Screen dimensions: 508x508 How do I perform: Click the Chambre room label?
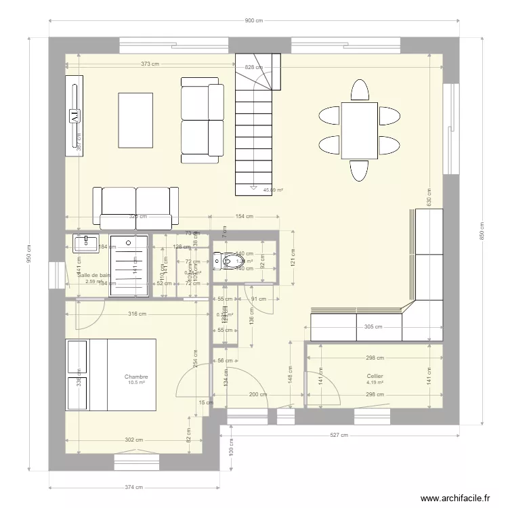point(136,377)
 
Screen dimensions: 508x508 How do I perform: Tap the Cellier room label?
point(375,376)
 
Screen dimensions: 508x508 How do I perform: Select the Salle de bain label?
point(93,275)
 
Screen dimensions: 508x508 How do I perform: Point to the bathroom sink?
point(86,243)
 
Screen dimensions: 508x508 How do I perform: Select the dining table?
point(359,130)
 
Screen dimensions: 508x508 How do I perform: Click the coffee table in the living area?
point(135,119)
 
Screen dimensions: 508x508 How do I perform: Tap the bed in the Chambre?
point(111,375)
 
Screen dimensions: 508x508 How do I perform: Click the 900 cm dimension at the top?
point(253,21)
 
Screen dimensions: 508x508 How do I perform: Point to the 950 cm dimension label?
point(30,255)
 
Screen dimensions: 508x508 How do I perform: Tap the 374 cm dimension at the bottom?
point(134,487)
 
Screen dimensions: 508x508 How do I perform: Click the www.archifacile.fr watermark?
point(455,498)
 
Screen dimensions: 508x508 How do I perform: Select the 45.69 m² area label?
point(272,190)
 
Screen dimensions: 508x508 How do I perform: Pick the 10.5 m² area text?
point(136,383)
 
